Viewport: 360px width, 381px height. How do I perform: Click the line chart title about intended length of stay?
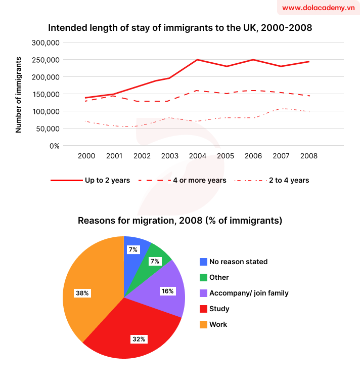pyautogui.click(x=179, y=28)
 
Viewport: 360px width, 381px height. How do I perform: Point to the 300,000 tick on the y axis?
pyautogui.click(x=46, y=43)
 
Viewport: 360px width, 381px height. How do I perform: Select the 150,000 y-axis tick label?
pyautogui.click(x=46, y=94)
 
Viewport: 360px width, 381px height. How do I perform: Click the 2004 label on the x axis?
pyautogui.click(x=197, y=156)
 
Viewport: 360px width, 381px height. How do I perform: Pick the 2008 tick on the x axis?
pyautogui.click(x=308, y=156)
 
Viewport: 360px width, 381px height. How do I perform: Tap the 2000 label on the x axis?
pyautogui.click(x=86, y=156)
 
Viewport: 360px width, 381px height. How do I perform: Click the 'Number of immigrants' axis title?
pyautogui.click(x=19, y=94)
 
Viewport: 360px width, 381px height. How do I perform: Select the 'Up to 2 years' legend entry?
pyautogui.click(x=90, y=180)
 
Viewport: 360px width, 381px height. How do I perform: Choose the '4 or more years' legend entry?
pyautogui.click(x=187, y=180)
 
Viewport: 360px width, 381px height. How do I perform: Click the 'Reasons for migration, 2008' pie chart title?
pyautogui.click(x=179, y=221)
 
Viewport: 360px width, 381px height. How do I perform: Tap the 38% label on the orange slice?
pyautogui.click(x=82, y=293)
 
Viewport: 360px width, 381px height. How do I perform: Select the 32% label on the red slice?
pyautogui.click(x=139, y=339)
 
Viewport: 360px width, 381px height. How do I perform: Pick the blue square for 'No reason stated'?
pyautogui.click(x=203, y=262)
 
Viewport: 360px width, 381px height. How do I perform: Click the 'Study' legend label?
pyautogui.click(x=219, y=309)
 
